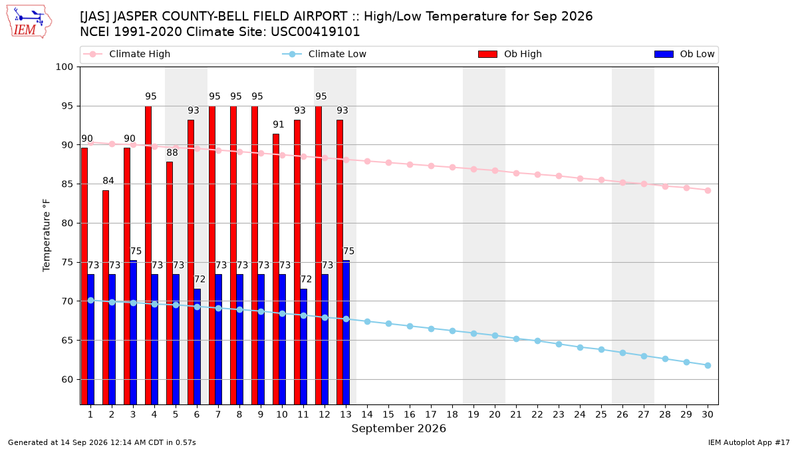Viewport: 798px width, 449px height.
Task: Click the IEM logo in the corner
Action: point(29,21)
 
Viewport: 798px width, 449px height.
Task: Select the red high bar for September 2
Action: point(106,297)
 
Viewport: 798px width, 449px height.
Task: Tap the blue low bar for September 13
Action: point(346,333)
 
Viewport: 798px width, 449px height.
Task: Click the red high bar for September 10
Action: point(276,269)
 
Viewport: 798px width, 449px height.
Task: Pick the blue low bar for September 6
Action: point(198,347)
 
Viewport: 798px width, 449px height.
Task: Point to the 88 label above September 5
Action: point(172,152)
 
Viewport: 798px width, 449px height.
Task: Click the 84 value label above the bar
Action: point(108,181)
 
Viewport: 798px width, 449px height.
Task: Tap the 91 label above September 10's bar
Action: point(279,124)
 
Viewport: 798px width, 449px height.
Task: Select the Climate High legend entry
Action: point(126,54)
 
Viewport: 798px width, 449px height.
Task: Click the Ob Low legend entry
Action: point(684,54)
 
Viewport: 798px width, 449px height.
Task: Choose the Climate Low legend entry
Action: point(324,54)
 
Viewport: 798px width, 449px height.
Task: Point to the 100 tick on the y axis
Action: point(64,67)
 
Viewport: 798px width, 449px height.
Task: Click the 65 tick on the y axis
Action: point(67,341)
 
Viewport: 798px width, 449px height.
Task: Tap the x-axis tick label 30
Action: point(708,414)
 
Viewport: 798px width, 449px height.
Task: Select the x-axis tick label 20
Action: point(495,414)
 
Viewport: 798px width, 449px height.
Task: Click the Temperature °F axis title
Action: point(47,235)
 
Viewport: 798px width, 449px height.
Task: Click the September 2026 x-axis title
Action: point(398,428)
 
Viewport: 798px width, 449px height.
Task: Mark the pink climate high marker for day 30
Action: point(708,191)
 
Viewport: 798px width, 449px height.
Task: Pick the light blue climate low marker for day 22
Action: point(537,341)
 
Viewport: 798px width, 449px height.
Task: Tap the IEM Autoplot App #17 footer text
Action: point(749,442)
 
